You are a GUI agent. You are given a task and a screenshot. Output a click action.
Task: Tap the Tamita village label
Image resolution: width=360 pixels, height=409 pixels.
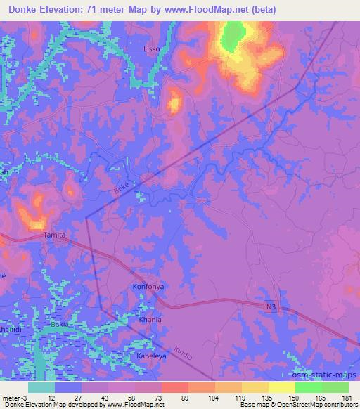[55, 235]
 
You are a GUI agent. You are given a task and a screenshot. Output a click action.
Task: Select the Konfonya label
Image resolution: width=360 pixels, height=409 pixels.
[147, 287]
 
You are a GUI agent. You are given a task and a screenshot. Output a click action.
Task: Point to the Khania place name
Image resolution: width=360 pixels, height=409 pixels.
[150, 319]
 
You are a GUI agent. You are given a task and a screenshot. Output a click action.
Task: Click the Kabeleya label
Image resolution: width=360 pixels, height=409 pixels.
[152, 356]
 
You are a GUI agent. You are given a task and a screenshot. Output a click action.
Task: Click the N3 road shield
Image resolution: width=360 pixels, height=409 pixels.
[271, 307]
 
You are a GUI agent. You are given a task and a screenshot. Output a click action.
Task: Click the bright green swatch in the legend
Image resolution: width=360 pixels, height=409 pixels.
[308, 387]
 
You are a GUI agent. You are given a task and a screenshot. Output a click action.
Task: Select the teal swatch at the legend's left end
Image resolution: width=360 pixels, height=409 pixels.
[41, 387]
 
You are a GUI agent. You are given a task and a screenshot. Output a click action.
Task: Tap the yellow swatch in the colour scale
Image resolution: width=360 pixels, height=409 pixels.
[281, 387]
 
